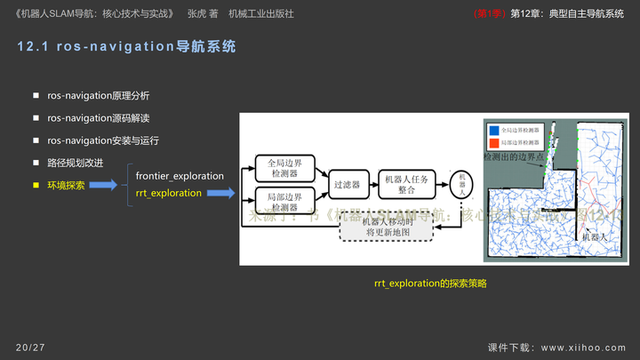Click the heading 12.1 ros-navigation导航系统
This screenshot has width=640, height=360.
click(x=126, y=47)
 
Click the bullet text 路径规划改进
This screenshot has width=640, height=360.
click(x=76, y=163)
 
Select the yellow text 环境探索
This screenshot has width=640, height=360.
click(x=66, y=185)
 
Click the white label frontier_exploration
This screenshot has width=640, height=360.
click(x=180, y=176)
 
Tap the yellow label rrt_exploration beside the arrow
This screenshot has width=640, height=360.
click(x=169, y=193)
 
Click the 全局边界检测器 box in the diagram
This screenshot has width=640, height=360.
click(x=285, y=167)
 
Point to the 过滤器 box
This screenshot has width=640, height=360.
click(x=346, y=185)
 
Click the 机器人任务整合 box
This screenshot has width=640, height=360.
click(x=407, y=184)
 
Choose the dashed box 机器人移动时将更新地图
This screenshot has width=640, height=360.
click(x=388, y=227)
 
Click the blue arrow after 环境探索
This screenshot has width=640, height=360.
click(x=102, y=185)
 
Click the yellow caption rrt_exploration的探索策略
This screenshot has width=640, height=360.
click(x=430, y=283)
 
